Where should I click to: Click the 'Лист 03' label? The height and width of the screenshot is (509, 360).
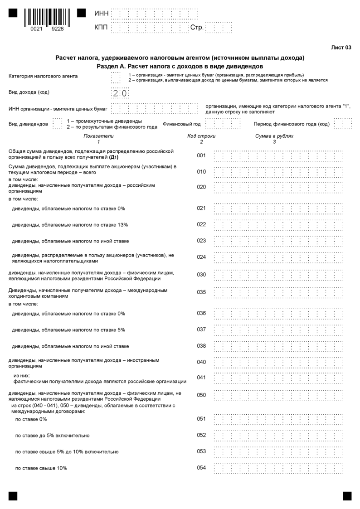click(341, 48)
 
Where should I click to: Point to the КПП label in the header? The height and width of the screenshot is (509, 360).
click(101, 28)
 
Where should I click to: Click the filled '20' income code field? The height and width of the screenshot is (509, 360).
click(120, 93)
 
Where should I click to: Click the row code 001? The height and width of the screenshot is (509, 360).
click(201, 155)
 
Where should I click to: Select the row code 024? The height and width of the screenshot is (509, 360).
click(201, 257)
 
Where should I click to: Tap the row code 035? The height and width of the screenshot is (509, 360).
click(201, 292)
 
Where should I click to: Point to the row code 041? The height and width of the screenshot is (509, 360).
click(201, 377)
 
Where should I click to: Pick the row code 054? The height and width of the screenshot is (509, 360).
click(201, 468)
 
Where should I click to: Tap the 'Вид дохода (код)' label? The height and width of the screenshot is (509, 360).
click(29, 92)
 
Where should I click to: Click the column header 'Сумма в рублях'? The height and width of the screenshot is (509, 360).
click(274, 136)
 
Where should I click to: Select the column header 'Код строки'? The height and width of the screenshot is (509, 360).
click(201, 136)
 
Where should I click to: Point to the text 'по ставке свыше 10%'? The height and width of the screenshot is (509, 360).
click(41, 468)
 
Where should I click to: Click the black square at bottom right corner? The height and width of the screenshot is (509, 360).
click(347, 496)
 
